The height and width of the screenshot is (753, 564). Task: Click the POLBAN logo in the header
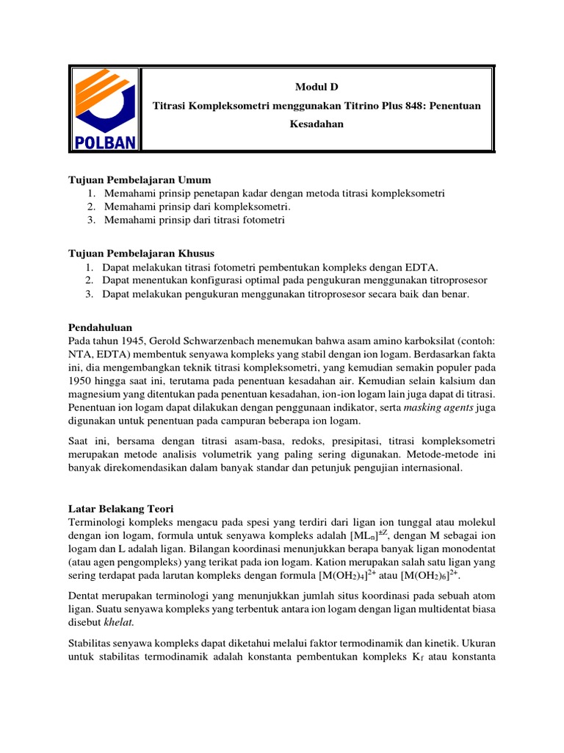point(104,108)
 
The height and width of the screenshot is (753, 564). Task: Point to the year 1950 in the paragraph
point(81,381)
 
